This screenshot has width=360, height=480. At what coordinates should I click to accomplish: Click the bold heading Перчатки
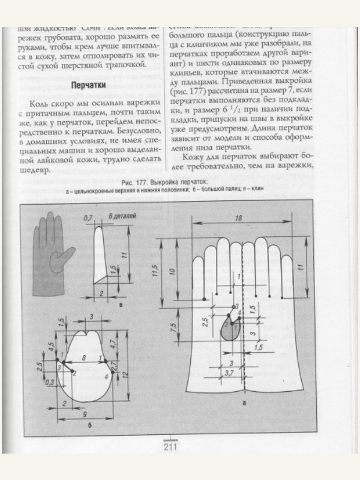pos(88,85)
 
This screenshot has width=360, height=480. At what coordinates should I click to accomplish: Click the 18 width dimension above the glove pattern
pos(239,220)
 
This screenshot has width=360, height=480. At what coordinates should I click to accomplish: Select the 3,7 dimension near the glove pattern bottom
pos(229,373)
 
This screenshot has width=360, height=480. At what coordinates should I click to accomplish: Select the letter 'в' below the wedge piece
pos(122,305)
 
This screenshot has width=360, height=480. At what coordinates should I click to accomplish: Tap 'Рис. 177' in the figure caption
pos(134,182)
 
